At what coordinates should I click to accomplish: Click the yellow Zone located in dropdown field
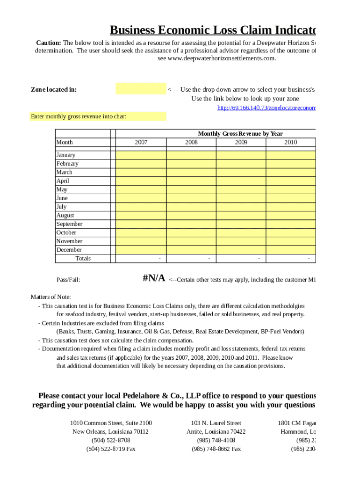141,89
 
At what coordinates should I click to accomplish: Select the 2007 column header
141,142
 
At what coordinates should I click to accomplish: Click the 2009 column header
241,142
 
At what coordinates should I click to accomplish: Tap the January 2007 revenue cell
141,155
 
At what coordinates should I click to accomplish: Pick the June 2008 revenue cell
191,198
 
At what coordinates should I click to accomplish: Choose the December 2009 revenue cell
241,250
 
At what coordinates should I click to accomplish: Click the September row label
70,224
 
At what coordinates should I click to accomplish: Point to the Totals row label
83,258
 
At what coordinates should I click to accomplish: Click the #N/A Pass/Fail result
154,279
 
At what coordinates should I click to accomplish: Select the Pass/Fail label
68,280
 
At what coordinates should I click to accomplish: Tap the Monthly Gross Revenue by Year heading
240,134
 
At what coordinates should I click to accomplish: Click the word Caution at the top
48,43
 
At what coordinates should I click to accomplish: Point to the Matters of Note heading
51,297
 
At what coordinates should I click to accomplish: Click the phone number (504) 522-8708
111,440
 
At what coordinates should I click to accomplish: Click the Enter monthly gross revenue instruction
79,116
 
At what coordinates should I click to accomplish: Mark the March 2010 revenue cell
290,172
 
